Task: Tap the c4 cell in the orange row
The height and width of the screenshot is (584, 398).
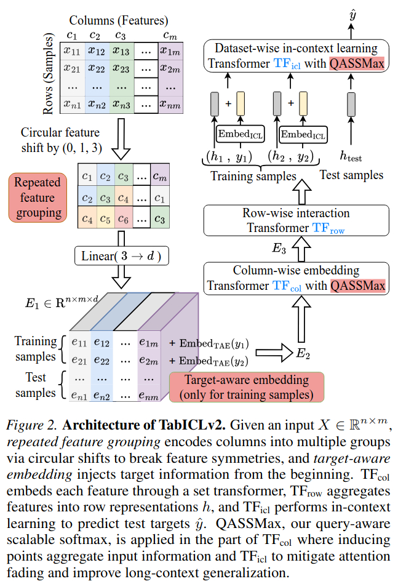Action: [89, 217]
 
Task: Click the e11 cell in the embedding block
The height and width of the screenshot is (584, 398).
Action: [78, 341]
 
